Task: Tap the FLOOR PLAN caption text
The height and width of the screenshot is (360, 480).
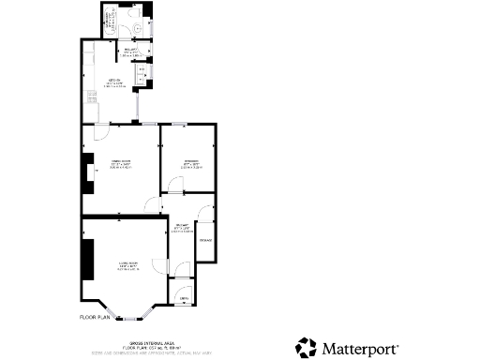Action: coord(95,318)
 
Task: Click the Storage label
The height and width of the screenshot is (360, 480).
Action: coord(205,240)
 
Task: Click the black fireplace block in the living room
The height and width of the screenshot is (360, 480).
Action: coord(86,260)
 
